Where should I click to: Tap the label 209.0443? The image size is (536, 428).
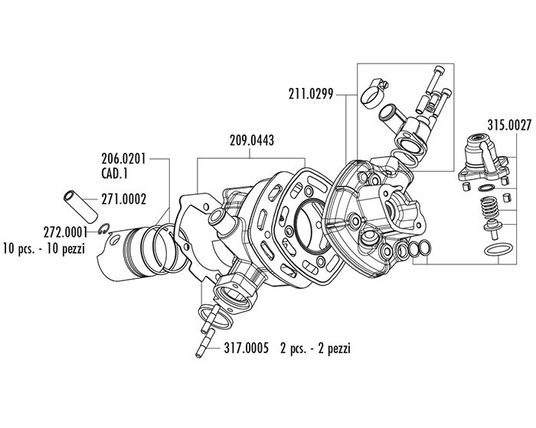(252, 141)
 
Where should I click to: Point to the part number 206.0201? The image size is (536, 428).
(124, 160)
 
